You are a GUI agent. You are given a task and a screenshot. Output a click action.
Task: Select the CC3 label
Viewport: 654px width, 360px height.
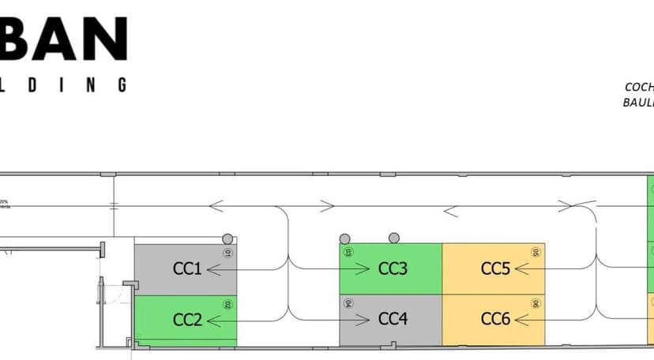(393, 268)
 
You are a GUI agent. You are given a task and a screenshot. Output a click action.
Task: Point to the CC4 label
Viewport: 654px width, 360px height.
(393, 320)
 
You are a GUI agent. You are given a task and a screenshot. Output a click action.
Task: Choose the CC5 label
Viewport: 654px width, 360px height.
(495, 268)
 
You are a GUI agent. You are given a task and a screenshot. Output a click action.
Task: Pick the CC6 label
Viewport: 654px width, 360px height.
(495, 320)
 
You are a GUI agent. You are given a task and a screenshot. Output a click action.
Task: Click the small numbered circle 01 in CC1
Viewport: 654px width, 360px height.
(227, 253)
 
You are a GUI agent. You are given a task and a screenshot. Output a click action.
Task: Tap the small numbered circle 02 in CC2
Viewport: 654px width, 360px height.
(227, 304)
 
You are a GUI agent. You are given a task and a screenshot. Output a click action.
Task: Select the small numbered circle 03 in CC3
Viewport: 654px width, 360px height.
(348, 253)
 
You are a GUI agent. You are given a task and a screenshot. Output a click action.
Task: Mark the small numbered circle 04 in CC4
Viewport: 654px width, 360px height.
(348, 303)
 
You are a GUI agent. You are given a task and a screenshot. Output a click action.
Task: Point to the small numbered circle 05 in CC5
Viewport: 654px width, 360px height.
(536, 253)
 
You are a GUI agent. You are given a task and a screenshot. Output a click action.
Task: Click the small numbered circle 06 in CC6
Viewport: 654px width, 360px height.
(536, 303)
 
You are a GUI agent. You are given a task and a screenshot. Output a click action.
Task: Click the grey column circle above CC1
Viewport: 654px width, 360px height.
(227, 238)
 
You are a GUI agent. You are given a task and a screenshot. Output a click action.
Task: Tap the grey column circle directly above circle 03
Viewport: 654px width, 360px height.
(344, 238)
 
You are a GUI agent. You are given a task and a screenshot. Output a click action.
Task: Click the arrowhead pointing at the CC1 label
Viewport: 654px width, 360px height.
(211, 269)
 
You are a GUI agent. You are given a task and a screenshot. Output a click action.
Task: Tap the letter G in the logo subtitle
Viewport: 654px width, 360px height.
(122, 84)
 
